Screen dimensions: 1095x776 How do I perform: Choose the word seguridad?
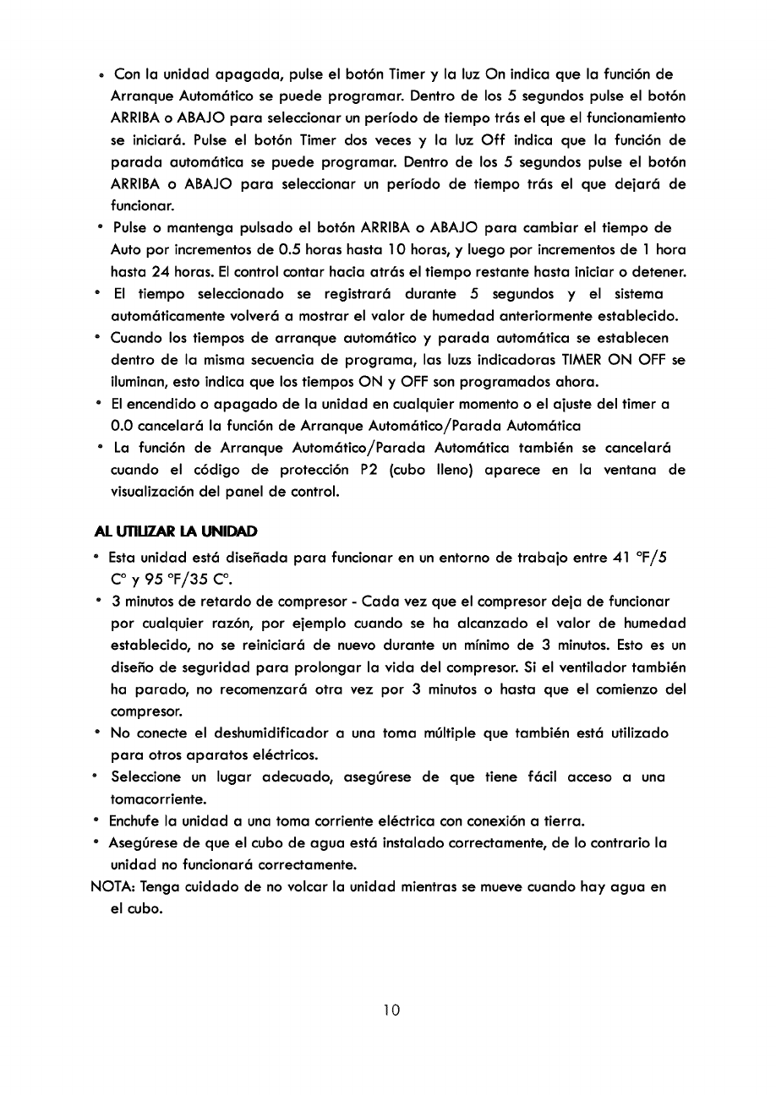tap(205, 667)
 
